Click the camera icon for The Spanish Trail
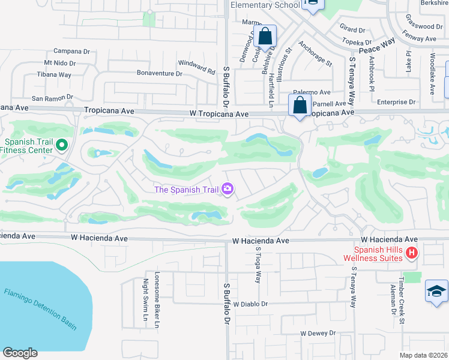[x=228, y=190]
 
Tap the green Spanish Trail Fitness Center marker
[x=61, y=145]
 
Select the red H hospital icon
[x=411, y=253]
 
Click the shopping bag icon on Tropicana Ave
[x=299, y=106]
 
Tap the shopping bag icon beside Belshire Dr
[x=265, y=37]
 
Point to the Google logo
[x=20, y=353]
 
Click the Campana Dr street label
[x=71, y=51]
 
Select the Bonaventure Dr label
[x=159, y=74]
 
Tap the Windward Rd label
[x=196, y=67]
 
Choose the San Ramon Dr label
[x=52, y=97]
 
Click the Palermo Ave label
[x=316, y=92]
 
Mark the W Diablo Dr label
[x=250, y=304]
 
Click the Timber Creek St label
[x=403, y=296]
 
